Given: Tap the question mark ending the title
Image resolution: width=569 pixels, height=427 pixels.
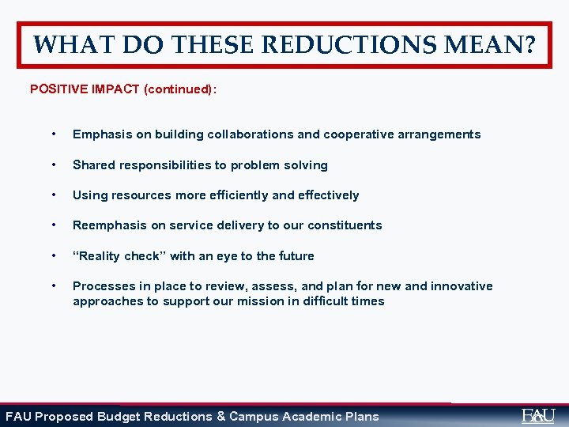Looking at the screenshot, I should (x=526, y=44).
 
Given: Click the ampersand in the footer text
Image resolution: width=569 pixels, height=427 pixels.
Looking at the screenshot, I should (x=220, y=416).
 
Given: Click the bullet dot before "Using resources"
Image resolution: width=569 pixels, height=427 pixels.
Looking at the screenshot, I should (x=52, y=195).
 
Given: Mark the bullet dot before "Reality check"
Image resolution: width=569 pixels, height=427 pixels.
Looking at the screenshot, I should (x=52, y=255).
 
